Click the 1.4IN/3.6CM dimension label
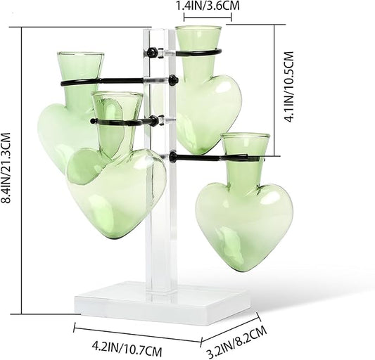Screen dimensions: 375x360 pyautogui.click(x=208, y=6)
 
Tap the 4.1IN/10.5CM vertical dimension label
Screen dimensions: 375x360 pyautogui.click(x=289, y=87)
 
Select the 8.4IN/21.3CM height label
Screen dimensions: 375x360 pyautogui.click(x=6, y=167)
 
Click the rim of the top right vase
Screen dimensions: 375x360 pyautogui.click(x=198, y=28)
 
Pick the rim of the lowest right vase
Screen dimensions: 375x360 pyautogui.click(x=246, y=136)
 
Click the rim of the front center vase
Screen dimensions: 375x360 pyautogui.click(x=117, y=94)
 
